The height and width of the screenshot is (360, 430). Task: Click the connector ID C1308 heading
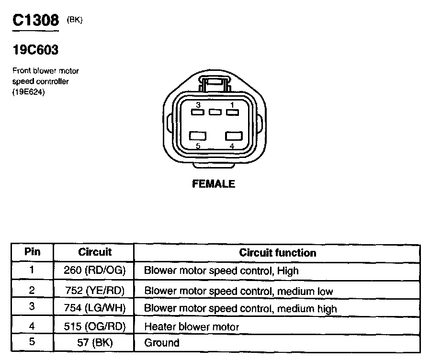pos(35,20)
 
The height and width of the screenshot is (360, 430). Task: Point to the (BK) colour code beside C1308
pos(75,20)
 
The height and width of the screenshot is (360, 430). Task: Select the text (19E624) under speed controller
pos(29,92)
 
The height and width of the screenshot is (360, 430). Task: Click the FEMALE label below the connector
pos(214,184)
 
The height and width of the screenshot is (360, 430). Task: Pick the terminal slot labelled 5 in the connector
pos(198,136)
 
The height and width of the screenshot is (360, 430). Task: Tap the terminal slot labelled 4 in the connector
pos(232,136)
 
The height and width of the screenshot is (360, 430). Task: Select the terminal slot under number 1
pos(232,112)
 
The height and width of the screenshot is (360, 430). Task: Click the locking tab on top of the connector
pos(215,85)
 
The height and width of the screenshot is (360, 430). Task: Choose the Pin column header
pos(33,252)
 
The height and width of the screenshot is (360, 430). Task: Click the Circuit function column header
pos(278,253)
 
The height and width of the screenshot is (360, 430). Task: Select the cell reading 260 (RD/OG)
pos(94,270)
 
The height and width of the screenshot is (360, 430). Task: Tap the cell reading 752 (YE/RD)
pos(94,291)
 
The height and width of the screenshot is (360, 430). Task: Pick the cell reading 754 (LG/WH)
pos(94,308)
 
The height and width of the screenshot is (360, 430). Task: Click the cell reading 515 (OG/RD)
pos(94,327)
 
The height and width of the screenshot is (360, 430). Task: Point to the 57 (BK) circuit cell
pos(94,343)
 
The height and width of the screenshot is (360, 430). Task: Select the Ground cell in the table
pos(162,343)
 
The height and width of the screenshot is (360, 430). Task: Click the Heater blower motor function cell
pos(192,327)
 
